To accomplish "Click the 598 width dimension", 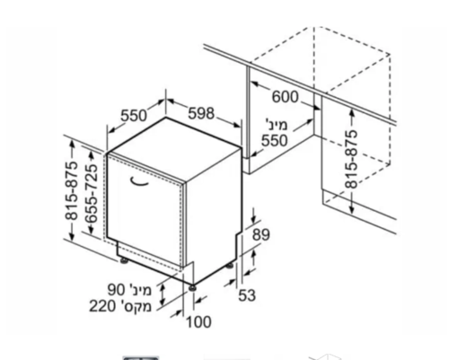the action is [201, 113].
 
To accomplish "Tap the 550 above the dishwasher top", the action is [134, 116].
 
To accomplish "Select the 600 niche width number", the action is [286, 97].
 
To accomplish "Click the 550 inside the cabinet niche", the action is [274, 141].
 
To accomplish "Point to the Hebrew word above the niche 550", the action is [277, 124].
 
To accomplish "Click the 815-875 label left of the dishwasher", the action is [72, 191].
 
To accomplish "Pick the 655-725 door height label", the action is [91, 194].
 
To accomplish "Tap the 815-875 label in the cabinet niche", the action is [351, 159].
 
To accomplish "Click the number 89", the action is [261, 235].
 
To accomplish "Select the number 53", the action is [247, 295].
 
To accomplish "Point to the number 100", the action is [198, 322].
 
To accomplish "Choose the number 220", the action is [102, 306].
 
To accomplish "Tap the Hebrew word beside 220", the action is [136, 307].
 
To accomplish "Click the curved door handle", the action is [138, 182].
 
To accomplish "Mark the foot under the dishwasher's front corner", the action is [192, 288].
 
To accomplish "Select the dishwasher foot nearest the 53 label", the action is [229, 266].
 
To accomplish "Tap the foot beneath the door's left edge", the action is [123, 261].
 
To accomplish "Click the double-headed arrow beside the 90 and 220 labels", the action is [163, 294].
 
